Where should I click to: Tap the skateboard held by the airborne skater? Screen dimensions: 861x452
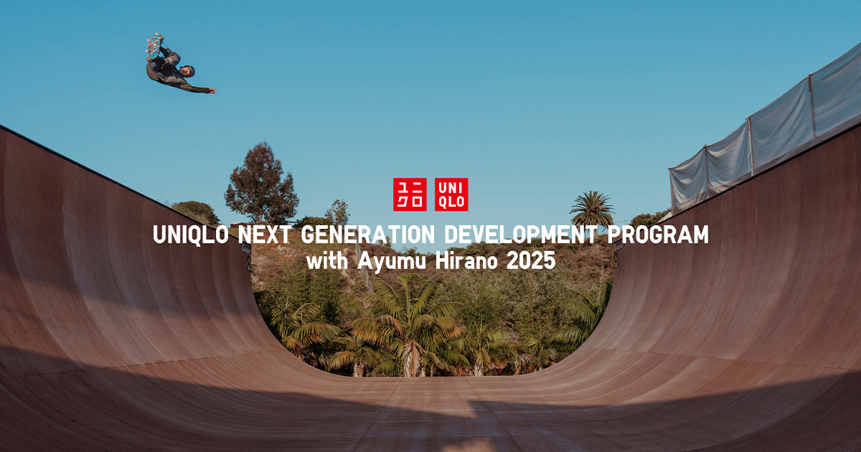coord(154,47)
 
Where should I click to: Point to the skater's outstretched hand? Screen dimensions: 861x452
coord(212,91)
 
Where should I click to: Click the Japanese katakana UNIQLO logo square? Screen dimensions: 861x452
coord(410,194)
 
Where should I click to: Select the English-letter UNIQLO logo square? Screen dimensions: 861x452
coord(451,194)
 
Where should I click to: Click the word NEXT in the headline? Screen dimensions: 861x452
coord(265,235)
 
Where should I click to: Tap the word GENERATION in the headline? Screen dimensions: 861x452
coord(368,235)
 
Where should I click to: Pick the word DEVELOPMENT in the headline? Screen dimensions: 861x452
coord(521,235)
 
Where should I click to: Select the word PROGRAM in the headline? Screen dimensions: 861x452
coord(658,235)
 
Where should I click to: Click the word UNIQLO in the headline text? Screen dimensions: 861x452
coord(191,235)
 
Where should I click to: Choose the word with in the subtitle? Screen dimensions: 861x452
coord(327,261)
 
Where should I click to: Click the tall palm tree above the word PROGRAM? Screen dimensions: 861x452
coord(592,209)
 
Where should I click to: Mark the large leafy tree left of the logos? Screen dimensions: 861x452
coord(261,184)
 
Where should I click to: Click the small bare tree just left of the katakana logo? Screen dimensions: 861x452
coord(337,212)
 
